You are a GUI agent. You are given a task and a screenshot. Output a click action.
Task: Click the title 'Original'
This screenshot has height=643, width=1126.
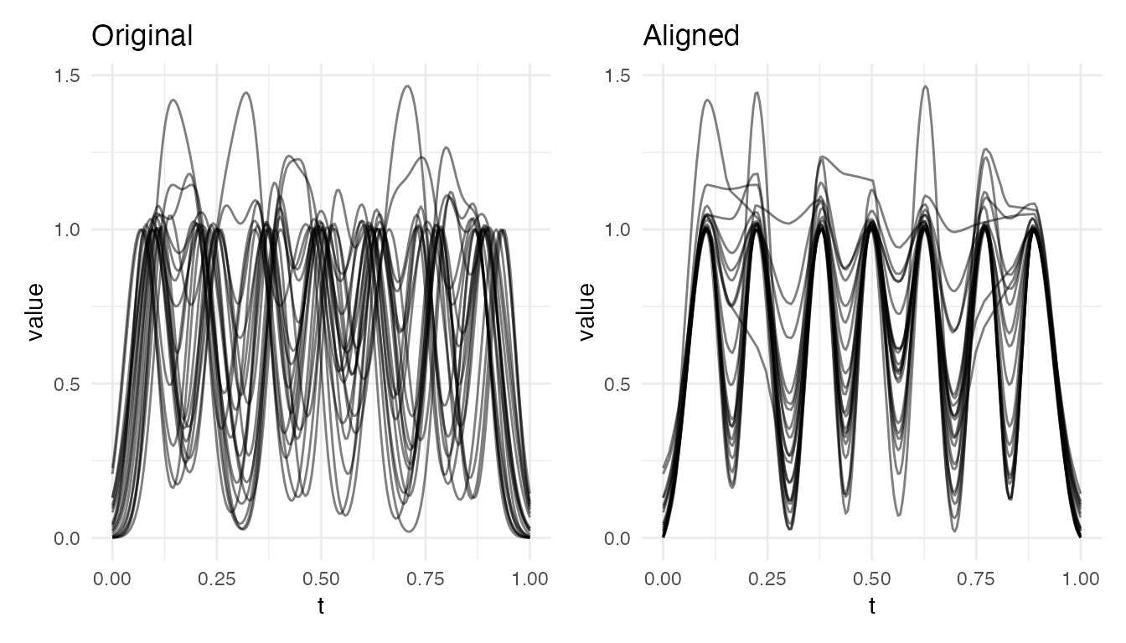pos(142,36)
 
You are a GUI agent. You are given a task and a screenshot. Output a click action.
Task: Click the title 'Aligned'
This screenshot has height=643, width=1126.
pos(691,36)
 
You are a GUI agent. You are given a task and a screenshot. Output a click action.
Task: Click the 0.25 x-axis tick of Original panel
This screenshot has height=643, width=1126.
pos(217,578)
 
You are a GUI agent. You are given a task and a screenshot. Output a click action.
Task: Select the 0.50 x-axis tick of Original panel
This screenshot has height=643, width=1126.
pos(321,578)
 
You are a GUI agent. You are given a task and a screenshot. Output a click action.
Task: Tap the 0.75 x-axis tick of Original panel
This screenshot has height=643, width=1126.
pos(426,578)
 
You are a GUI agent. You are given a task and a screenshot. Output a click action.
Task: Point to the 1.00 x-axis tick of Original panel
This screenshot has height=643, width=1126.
pos(529,578)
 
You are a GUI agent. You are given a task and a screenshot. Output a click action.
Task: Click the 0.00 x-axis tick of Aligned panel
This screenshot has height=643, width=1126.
pos(663,578)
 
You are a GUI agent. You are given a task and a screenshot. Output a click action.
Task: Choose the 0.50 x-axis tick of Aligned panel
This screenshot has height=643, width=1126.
pos(871,578)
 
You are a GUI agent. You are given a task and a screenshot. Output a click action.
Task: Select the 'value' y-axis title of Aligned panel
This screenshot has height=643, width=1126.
pos(587,311)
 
